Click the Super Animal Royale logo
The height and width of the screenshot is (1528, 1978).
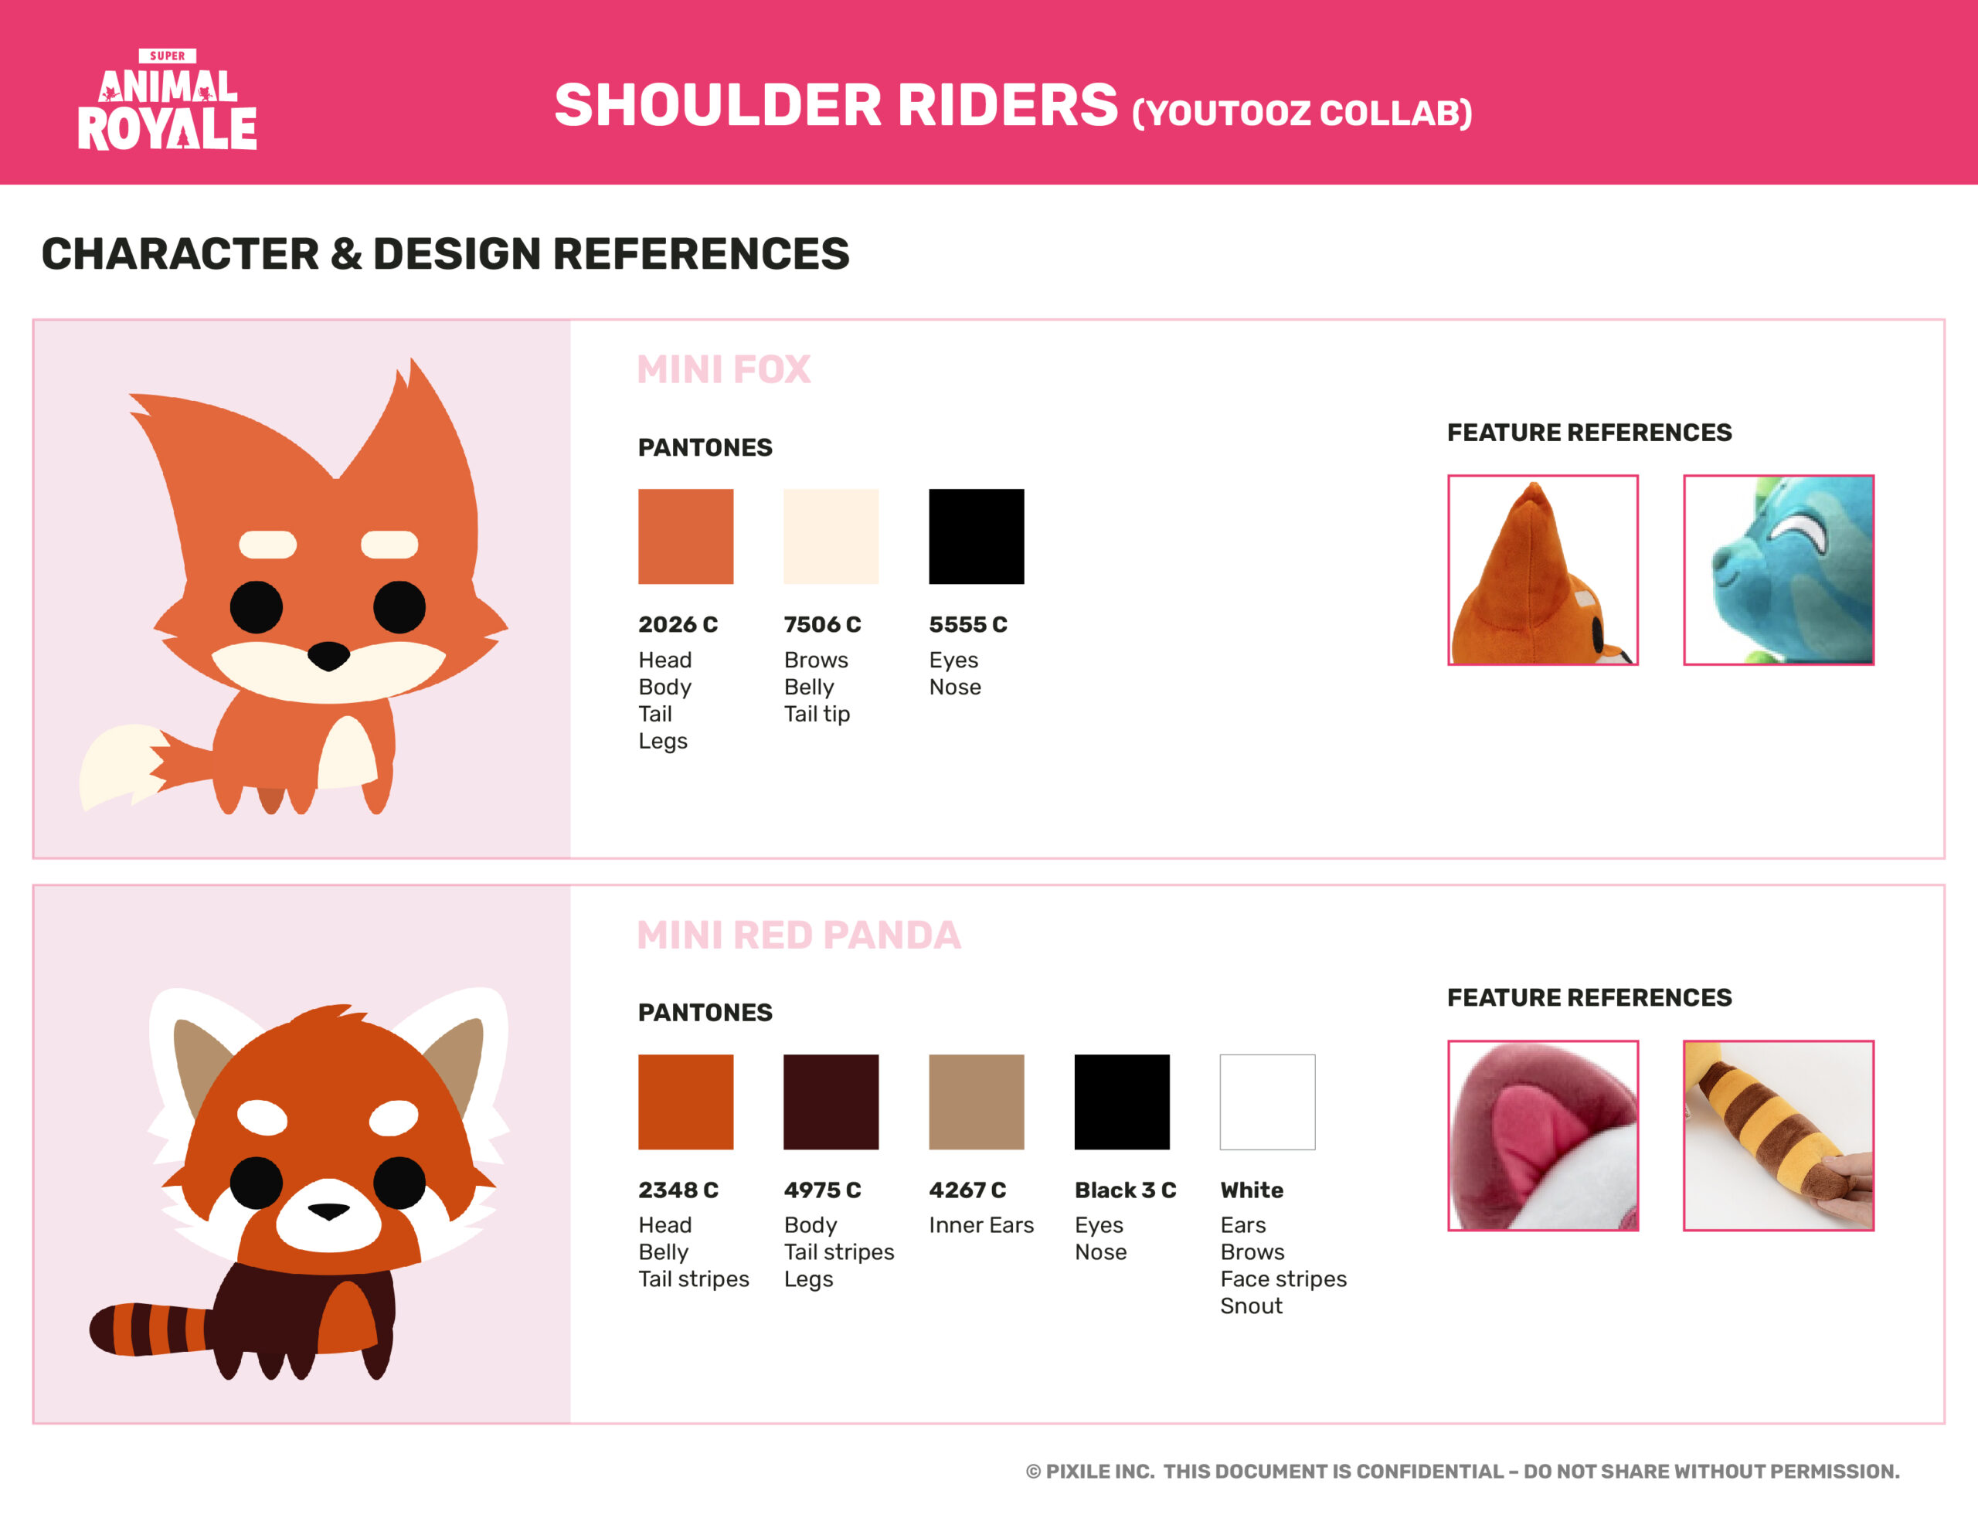coord(168,100)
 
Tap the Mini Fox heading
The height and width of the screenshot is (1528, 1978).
coord(724,369)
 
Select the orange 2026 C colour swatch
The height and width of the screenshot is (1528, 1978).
coord(685,536)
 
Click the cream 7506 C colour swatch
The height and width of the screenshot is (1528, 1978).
coord(831,536)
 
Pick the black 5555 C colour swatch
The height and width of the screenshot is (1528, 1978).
coord(977,536)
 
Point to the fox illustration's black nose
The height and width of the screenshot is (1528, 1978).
coord(328,655)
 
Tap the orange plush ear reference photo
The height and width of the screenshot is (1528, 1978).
coord(1542,569)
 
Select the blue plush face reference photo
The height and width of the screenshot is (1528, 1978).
coord(1778,569)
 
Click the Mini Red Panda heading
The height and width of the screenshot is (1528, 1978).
coord(799,935)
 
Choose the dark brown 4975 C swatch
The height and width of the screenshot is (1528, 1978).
coord(831,1102)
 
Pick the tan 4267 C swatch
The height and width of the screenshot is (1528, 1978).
coord(977,1102)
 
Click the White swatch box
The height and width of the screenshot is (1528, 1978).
coord(1267,1102)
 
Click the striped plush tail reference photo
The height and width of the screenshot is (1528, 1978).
coord(1778,1135)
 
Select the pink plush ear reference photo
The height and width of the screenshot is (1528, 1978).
coord(1542,1135)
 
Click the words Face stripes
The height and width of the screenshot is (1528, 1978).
coord(1283,1279)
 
